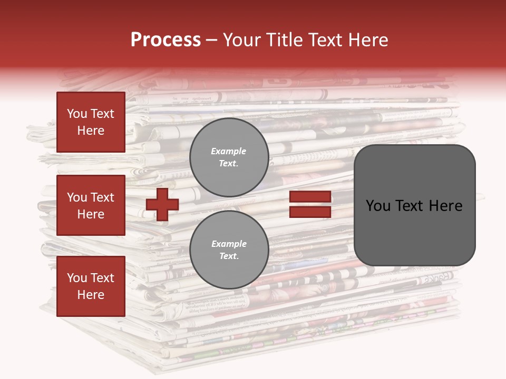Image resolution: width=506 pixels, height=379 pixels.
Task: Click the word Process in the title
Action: [166, 40]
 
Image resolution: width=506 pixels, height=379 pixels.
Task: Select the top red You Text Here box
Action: [91, 122]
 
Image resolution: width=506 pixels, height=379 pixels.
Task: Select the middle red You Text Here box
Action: [91, 205]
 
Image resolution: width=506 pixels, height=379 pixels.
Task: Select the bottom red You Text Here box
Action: [91, 286]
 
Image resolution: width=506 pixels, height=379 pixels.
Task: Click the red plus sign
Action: [162, 204]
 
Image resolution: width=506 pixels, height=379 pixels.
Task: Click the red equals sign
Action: [310, 204]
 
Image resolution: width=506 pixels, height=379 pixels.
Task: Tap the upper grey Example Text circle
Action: [229, 157]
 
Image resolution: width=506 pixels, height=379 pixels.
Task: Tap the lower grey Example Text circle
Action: [229, 250]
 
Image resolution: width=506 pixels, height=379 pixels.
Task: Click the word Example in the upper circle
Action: [229, 151]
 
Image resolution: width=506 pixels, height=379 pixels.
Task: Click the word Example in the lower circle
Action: [229, 244]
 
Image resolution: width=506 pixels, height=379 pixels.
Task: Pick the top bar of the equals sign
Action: [310, 197]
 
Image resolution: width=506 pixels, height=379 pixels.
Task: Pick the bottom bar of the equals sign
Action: [310, 212]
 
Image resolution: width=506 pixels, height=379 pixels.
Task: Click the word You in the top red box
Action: [77, 114]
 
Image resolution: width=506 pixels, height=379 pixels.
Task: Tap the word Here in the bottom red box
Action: [91, 295]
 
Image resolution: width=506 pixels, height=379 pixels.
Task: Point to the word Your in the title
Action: [242, 40]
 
